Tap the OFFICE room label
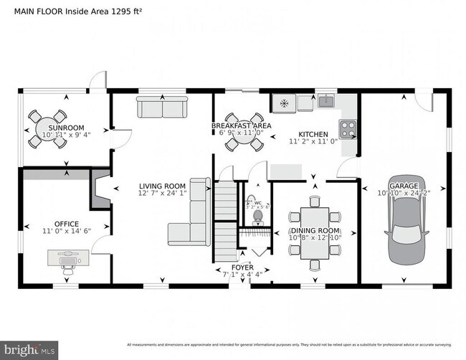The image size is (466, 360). point(67,224)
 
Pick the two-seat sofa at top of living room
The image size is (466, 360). point(161,108)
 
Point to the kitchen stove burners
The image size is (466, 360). point(348,129)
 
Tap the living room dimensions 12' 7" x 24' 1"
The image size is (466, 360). point(162,192)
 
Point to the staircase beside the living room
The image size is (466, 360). point(225,219)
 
